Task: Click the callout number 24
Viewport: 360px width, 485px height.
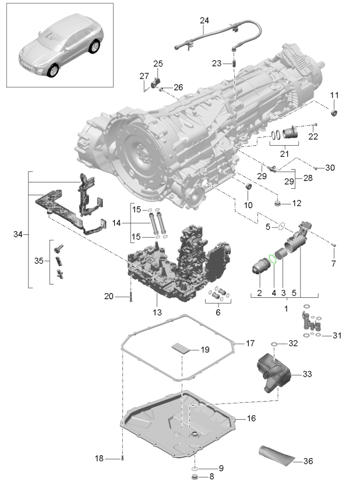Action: click(204, 20)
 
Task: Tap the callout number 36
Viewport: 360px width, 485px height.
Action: click(308, 461)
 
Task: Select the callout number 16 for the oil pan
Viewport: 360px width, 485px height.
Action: click(251, 419)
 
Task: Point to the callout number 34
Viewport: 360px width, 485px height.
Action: click(17, 234)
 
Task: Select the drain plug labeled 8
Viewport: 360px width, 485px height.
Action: click(193, 477)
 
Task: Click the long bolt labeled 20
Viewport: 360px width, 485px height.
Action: click(131, 297)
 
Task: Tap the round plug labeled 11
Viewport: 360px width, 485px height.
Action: click(334, 112)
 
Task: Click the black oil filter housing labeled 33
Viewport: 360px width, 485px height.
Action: click(274, 372)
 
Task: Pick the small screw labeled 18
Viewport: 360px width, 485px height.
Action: click(123, 458)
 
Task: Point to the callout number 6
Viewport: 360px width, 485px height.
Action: click(217, 313)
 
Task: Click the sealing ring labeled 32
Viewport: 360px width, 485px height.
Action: click(274, 344)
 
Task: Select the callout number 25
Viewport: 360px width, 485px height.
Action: click(158, 64)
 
